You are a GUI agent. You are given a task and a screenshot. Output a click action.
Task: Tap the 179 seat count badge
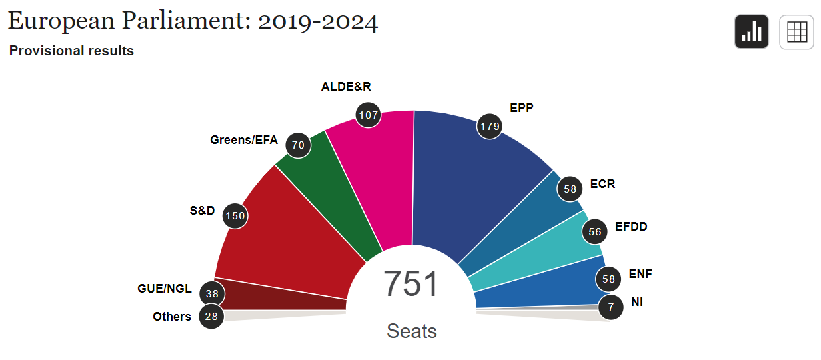click(489, 125)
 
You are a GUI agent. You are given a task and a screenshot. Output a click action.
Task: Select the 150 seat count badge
click(235, 215)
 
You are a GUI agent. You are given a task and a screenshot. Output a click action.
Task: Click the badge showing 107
click(368, 115)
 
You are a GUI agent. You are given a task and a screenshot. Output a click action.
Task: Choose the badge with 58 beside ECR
click(570, 189)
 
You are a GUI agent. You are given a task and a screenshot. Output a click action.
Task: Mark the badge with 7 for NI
click(610, 307)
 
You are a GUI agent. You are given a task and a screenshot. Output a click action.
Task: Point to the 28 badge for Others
click(212, 317)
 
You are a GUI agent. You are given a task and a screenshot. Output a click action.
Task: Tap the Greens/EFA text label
click(243, 140)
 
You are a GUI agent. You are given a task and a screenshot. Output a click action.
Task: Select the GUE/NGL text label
click(164, 289)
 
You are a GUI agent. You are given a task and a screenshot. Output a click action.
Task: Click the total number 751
click(411, 284)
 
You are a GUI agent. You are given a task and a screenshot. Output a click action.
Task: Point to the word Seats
click(412, 331)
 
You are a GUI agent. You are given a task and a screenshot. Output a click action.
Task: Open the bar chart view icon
click(752, 32)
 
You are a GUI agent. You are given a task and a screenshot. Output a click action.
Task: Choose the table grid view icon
click(796, 32)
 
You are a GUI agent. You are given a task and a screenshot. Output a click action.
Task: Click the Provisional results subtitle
click(71, 51)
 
